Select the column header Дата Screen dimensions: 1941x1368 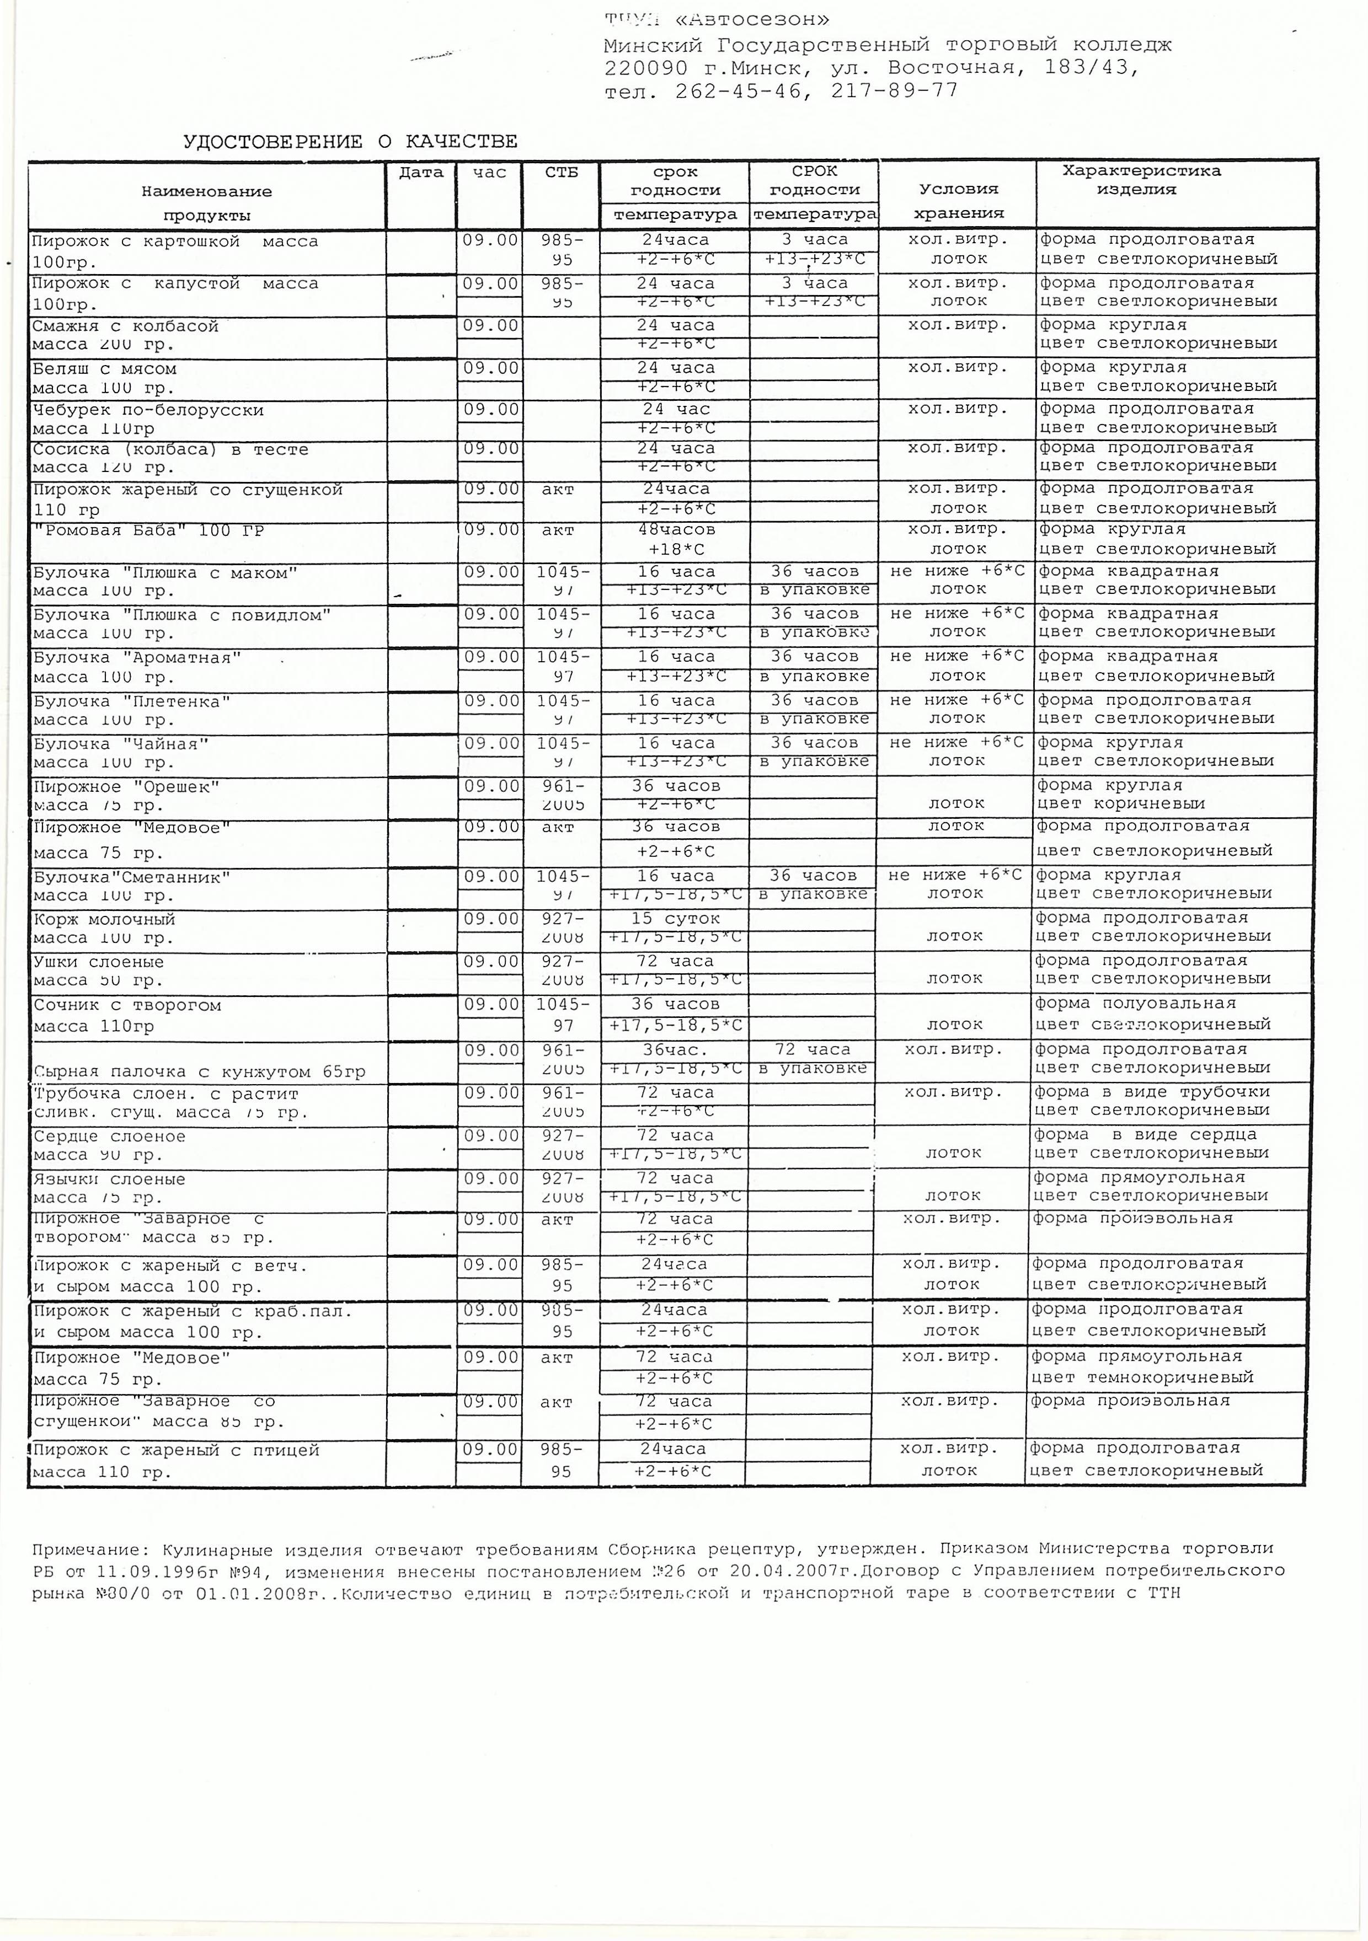pos(421,173)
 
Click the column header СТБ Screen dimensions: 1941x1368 pos(562,173)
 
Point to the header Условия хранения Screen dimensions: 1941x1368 pos(958,200)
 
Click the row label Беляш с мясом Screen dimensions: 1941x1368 pos(104,368)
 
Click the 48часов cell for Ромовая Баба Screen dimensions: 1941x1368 pos(675,530)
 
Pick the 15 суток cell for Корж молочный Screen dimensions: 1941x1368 pos(675,918)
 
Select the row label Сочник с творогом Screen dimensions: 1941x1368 pos(127,1005)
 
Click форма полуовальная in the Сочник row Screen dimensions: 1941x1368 pos(1135,1004)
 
